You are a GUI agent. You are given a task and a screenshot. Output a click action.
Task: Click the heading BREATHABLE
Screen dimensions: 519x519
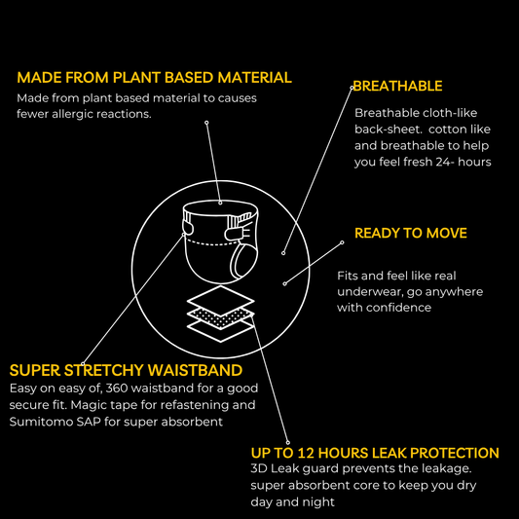pos(397,86)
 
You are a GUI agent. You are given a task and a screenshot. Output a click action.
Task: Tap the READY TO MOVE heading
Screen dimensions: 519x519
pos(411,233)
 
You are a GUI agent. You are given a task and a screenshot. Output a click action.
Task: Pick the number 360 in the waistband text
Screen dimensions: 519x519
pos(117,388)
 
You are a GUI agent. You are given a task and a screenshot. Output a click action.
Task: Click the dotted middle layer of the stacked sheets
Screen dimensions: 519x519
pos(221,317)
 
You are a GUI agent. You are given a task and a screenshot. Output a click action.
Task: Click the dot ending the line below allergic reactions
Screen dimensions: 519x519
pos(206,123)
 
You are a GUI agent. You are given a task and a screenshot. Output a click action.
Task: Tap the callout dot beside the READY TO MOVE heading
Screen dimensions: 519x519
pos(342,242)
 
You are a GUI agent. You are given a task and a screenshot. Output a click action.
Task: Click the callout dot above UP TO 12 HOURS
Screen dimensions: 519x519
pos(288,442)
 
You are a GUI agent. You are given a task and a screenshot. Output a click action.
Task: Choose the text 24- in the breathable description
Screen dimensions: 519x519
pos(445,162)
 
